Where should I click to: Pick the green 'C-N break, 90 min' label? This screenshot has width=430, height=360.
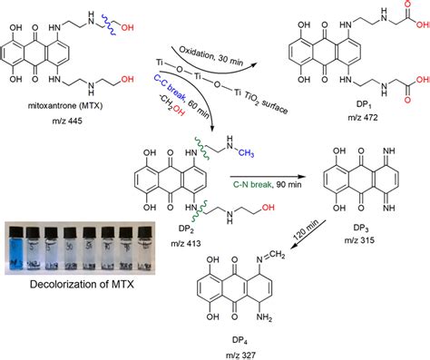[251, 167]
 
